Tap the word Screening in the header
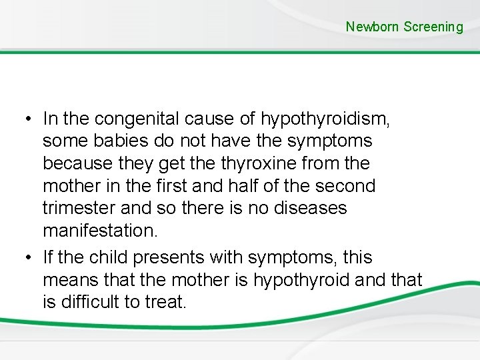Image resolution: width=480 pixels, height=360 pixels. pyautogui.click(x=433, y=27)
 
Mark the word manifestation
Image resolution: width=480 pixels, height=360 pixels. pyautogui.click(x=101, y=231)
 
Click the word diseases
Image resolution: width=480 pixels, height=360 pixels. pyautogui.click(x=312, y=208)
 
